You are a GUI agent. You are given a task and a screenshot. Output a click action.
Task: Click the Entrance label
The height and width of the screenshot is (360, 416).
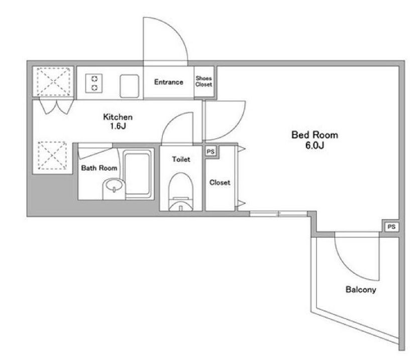pyautogui.click(x=169, y=82)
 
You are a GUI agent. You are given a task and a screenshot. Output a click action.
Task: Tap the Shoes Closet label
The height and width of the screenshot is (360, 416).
pyautogui.click(x=204, y=81)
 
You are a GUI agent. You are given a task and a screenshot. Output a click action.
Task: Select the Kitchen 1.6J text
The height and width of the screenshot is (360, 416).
pyautogui.click(x=118, y=122)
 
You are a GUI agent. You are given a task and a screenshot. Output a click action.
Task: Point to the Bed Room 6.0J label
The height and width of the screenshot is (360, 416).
pyautogui.click(x=315, y=140)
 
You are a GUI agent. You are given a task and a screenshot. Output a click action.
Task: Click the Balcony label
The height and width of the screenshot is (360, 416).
pyautogui.click(x=361, y=289)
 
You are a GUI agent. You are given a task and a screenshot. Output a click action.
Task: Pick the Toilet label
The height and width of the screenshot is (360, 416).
pyautogui.click(x=181, y=159)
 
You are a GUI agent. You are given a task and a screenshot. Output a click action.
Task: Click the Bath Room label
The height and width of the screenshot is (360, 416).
pyautogui.click(x=99, y=168)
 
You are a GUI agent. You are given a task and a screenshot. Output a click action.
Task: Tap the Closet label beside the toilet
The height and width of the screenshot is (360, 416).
pyautogui.click(x=220, y=182)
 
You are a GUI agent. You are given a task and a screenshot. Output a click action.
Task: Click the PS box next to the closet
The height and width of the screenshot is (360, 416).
pyautogui.click(x=211, y=152)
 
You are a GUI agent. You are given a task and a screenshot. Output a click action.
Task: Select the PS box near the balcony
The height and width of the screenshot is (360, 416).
pyautogui.click(x=391, y=226)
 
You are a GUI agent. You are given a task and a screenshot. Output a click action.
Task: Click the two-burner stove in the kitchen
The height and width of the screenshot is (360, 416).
pyautogui.click(x=94, y=83)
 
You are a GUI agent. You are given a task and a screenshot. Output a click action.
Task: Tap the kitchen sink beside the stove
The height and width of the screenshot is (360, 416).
pyautogui.click(x=129, y=86)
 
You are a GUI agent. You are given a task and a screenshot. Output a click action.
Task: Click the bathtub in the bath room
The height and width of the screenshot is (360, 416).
pyautogui.click(x=138, y=174)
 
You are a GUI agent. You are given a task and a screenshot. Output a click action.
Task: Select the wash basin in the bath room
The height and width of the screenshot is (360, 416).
pyautogui.click(x=114, y=188)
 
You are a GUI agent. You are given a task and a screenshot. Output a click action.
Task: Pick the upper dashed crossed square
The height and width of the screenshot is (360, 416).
pyautogui.click(x=54, y=81)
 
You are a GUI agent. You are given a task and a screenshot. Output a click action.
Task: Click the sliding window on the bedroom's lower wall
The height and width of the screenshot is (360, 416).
pyautogui.click(x=278, y=214)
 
